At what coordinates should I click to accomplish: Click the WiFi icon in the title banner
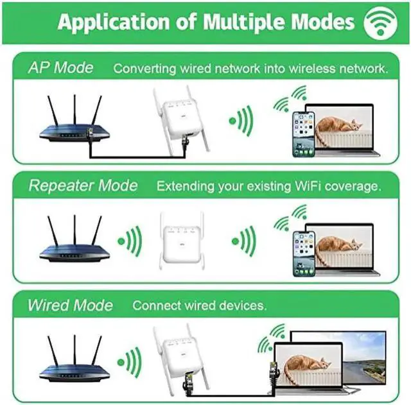coord(380,23)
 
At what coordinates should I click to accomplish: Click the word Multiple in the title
coord(245,21)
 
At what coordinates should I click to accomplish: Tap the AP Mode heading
coord(60,67)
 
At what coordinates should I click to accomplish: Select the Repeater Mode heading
coord(83,185)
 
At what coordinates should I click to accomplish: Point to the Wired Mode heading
coord(70,305)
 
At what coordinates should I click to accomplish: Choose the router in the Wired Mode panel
coord(74,358)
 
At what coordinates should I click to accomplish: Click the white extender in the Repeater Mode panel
coord(182,241)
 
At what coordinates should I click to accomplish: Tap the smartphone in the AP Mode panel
coord(304,134)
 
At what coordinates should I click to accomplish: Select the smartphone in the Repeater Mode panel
coord(304,254)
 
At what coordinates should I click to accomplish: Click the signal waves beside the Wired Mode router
coord(130,362)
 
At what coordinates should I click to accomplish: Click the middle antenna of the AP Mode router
coord(74,110)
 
